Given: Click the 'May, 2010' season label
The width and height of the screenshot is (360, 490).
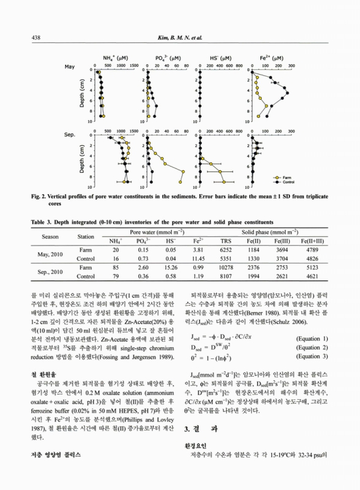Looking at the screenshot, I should tap(51, 254).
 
